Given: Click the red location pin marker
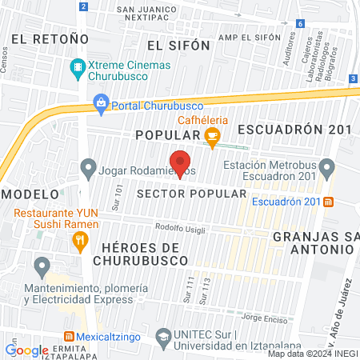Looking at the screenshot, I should pyautogui.click(x=181, y=162).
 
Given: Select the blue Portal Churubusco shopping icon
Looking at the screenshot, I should pyautogui.click(x=102, y=102).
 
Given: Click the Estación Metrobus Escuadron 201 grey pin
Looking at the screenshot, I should pyautogui.click(x=326, y=169).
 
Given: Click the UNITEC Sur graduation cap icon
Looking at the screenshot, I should pyautogui.click(x=163, y=337).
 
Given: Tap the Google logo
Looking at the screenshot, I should pyautogui.click(x=26, y=350).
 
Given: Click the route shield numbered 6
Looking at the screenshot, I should pyautogui.click(x=299, y=24).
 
